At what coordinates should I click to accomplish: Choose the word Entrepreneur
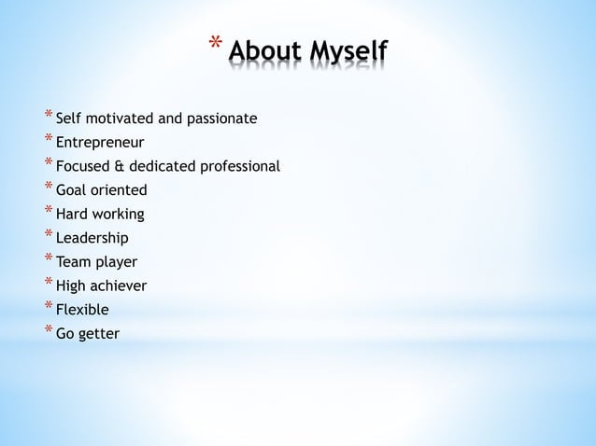(100, 143)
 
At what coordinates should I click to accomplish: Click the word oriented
(119, 191)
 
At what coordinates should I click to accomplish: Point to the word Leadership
(92, 239)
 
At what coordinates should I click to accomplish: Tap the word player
(117, 263)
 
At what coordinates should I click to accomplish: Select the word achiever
(119, 286)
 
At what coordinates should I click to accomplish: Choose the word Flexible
(82, 310)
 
